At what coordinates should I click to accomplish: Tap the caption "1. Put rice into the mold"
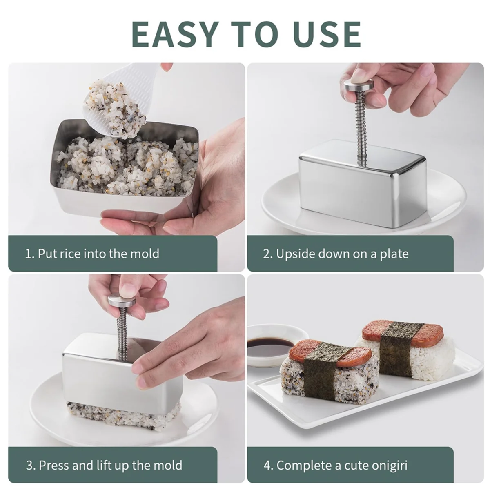92,254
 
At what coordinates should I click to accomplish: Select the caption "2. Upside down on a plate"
335,254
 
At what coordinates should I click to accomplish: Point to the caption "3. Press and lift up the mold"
104,465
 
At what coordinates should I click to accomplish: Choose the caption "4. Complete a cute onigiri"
335,465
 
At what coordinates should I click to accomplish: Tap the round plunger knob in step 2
359,85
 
